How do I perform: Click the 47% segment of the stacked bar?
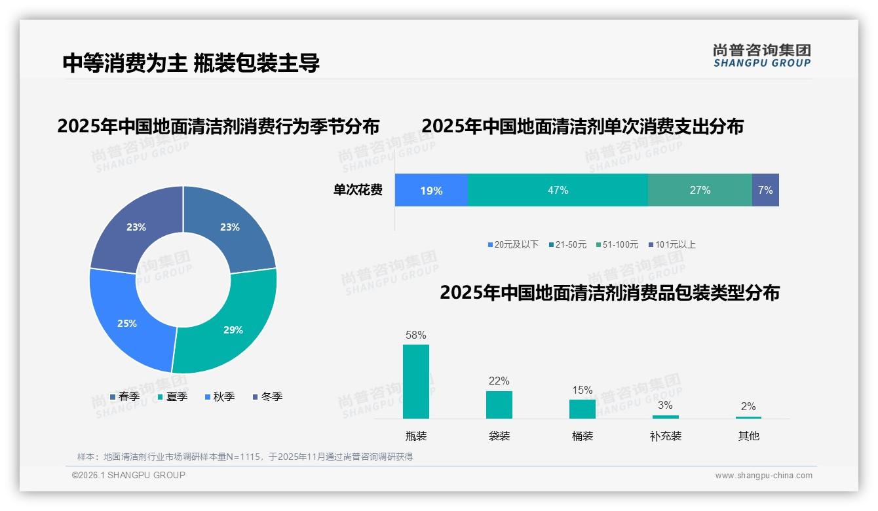pos(558,190)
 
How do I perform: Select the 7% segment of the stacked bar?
pos(765,190)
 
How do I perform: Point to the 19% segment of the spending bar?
pos(431,190)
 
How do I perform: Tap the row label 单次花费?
pos(358,190)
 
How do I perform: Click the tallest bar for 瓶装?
pos(416,381)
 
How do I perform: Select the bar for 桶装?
pos(582,409)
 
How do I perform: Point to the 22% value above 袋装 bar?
pos(499,381)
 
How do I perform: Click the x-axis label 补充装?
pos(666,436)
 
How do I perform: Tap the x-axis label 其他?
pos(748,436)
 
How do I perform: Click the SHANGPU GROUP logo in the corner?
pos(761,56)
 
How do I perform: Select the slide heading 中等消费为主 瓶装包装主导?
pos(191,63)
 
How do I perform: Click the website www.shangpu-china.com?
pos(763,476)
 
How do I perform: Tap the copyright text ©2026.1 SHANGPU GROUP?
pos(128,475)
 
